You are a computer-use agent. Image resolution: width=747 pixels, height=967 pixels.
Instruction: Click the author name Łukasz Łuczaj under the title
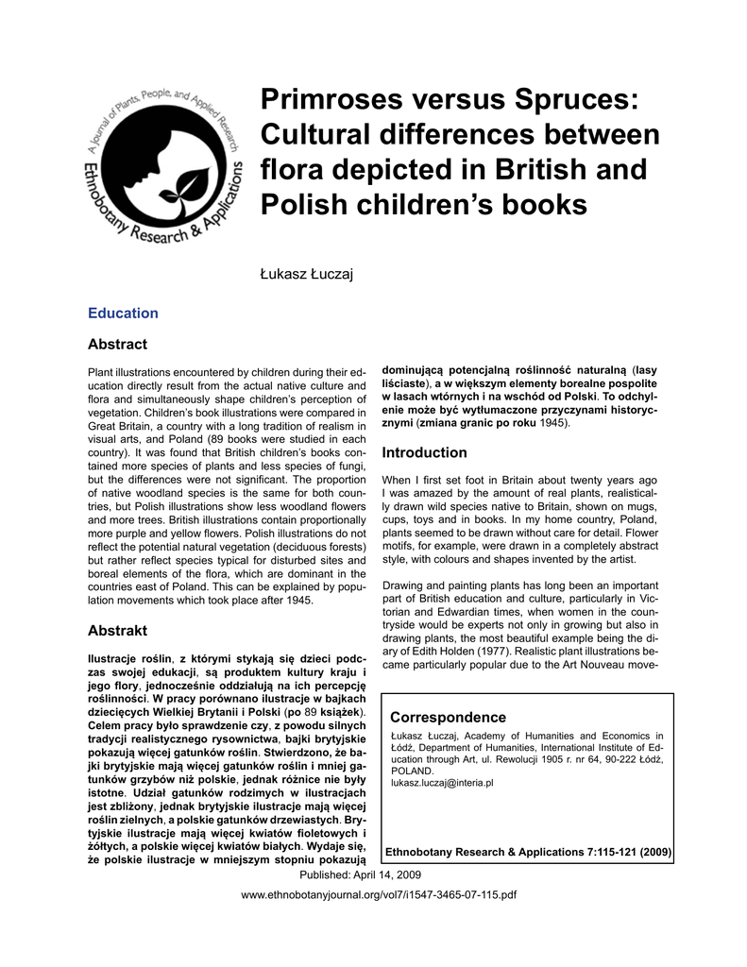click(298, 275)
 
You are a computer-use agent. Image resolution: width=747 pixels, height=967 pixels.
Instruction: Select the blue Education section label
click(123, 314)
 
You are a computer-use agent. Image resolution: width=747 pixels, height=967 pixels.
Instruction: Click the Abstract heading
click(117, 345)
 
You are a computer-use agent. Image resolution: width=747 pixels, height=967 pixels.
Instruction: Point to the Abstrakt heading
click(117, 630)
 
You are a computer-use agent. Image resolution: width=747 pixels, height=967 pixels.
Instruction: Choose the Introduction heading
click(424, 453)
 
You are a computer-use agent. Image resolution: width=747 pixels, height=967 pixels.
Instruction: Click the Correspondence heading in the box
click(448, 718)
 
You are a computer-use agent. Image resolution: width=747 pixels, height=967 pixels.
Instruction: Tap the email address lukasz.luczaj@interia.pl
click(442, 784)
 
